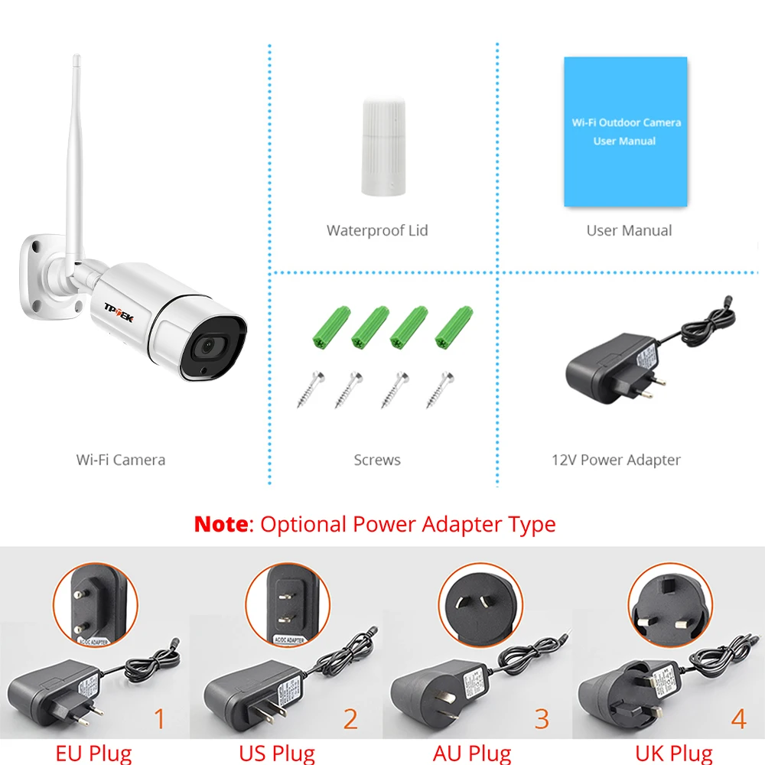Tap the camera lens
(x=207, y=348)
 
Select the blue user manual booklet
(x=625, y=132)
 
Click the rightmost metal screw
(x=438, y=389)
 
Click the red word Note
(x=220, y=525)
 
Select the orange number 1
(x=159, y=719)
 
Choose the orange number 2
(x=350, y=719)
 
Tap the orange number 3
(x=542, y=719)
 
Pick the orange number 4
(x=737, y=719)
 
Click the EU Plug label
(x=93, y=754)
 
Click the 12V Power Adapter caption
(x=616, y=460)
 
